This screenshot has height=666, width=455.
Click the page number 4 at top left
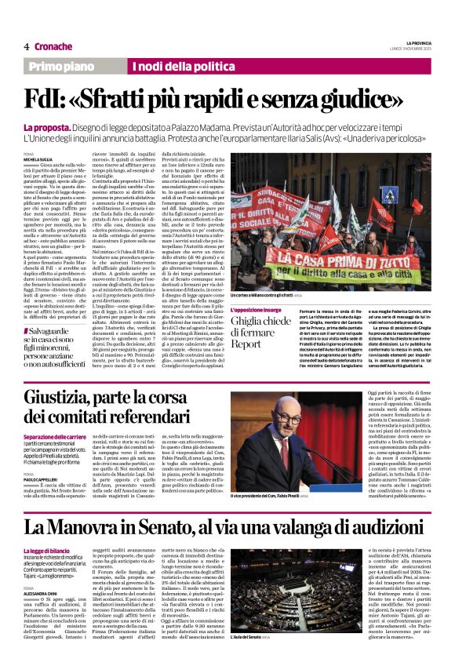click(x=26, y=47)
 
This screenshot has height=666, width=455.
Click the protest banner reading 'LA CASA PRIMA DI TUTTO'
click(x=356, y=276)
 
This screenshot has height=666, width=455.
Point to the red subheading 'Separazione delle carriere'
click(x=55, y=436)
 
